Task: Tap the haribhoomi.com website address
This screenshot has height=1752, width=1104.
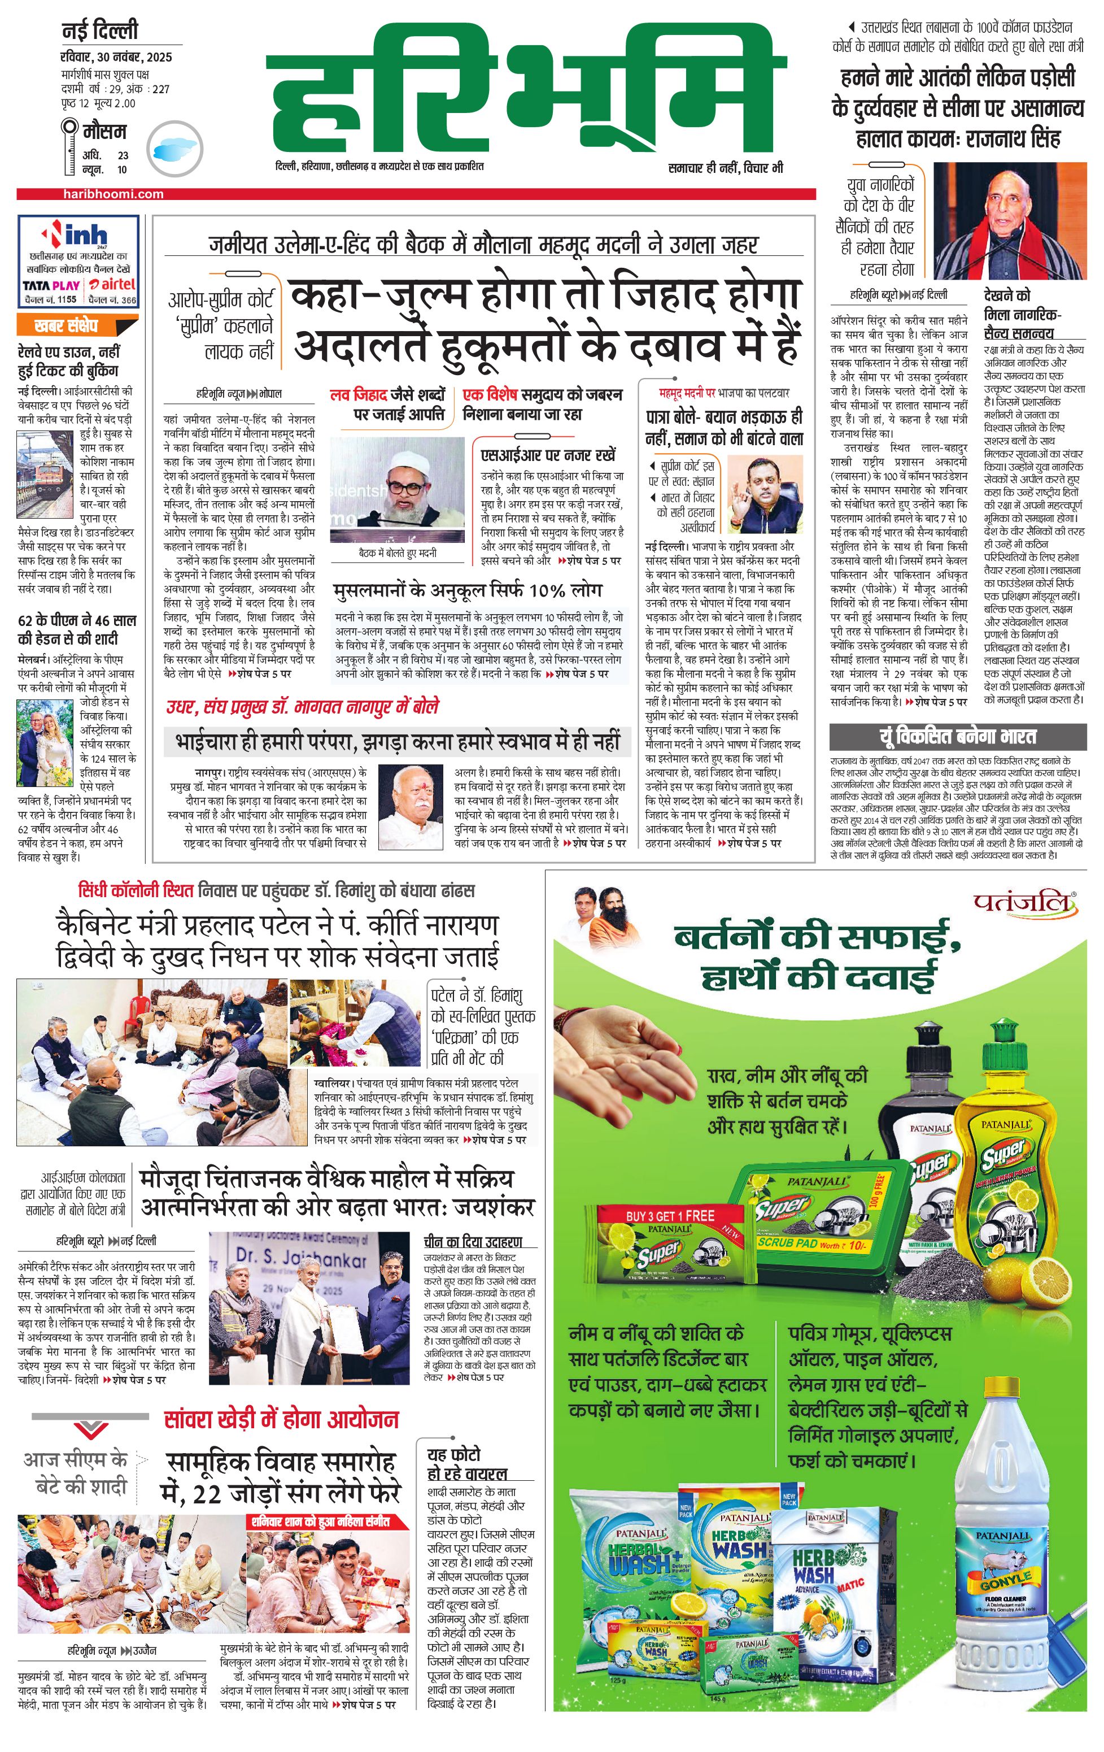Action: [114, 194]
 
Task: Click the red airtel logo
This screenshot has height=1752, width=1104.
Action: [113, 285]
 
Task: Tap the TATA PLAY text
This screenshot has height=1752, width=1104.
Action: [51, 285]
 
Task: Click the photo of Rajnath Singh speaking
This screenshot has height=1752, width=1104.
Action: [1010, 220]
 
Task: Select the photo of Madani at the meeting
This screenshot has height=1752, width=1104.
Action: [397, 490]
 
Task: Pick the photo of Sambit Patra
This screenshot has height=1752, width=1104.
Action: [765, 495]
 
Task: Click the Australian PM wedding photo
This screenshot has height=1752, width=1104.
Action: [45, 743]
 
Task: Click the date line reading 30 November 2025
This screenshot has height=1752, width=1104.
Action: [116, 58]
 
